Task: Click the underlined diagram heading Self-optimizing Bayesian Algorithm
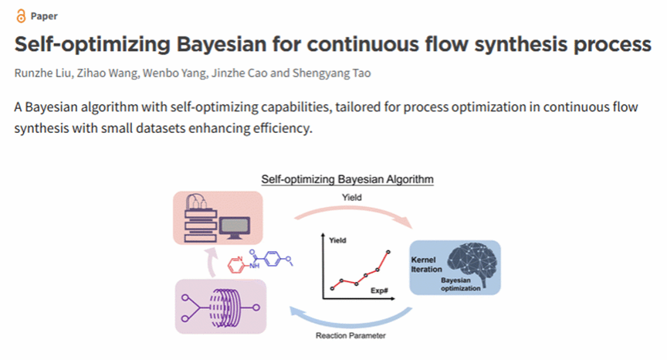click(x=347, y=179)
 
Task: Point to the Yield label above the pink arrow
click(x=351, y=197)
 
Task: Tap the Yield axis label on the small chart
click(x=338, y=241)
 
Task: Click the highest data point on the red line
click(x=389, y=253)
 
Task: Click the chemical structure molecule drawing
click(x=263, y=263)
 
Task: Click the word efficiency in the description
click(x=276, y=128)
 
